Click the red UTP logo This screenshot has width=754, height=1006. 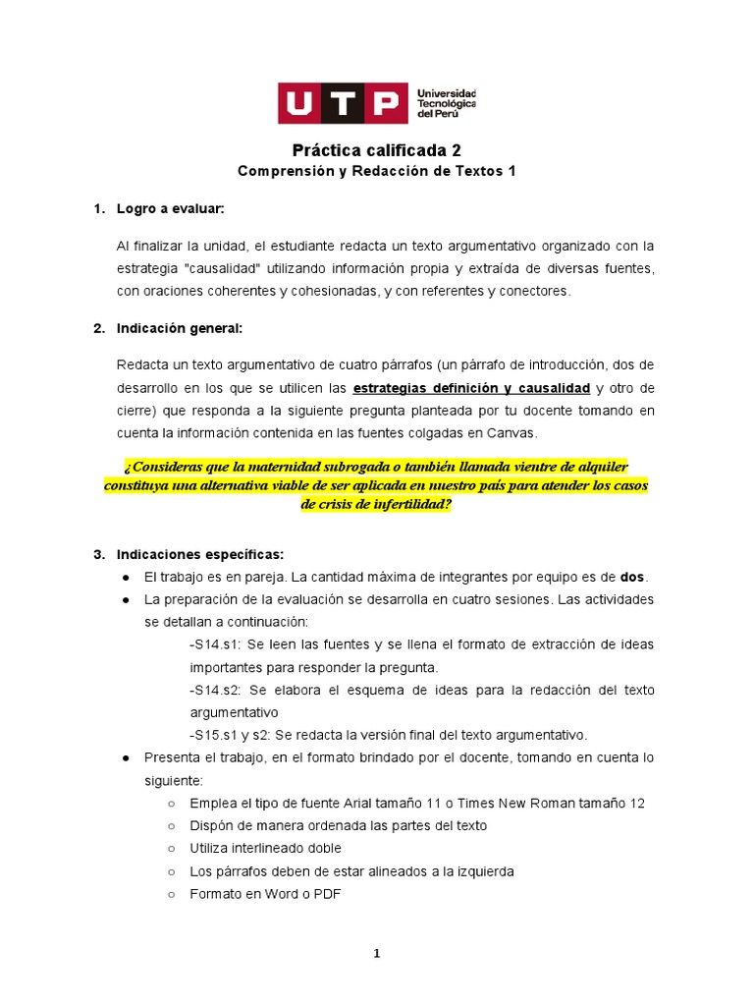pos(342,103)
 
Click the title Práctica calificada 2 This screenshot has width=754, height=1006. pos(377,150)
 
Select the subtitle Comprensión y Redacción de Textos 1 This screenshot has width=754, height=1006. pos(377,171)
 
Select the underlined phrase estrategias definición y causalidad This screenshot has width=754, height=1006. pos(471,388)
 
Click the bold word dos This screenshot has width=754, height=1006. pos(633,577)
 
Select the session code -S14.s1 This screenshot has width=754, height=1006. pos(214,644)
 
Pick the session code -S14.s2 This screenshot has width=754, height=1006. pos(214,690)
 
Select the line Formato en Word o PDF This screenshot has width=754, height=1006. pos(265,893)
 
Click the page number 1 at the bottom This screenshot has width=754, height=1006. pos(377,953)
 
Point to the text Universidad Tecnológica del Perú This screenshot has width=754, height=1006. pos(447,103)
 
